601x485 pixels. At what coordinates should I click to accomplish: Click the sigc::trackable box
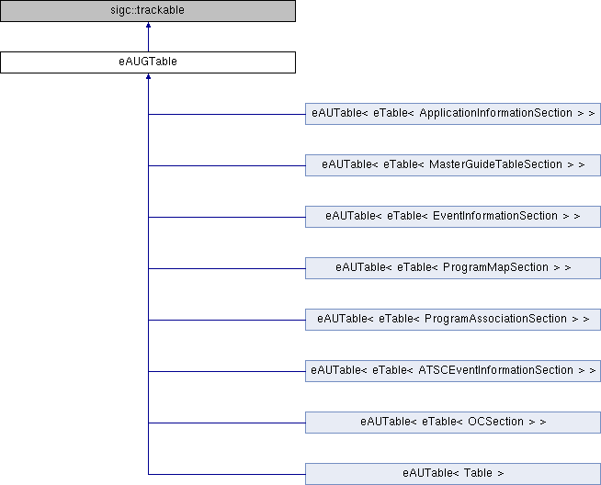coord(148,11)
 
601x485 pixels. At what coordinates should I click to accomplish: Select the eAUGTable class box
coord(148,62)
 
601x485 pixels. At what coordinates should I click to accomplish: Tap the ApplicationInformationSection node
coord(453,114)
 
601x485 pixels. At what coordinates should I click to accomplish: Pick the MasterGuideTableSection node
coord(453,165)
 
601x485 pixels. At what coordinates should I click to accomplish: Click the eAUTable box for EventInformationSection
coord(453,217)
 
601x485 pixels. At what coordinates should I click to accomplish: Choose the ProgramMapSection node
coord(453,268)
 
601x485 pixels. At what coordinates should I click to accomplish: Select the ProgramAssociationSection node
coord(453,320)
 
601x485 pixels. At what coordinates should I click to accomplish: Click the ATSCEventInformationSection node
coord(453,371)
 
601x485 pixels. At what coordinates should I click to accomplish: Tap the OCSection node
coord(453,423)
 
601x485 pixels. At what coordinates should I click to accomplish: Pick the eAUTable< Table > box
coord(453,474)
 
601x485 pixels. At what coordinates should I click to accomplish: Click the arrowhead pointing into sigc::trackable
coord(148,25)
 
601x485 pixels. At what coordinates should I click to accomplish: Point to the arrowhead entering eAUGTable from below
coord(148,76)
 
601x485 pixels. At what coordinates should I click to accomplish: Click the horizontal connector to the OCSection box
coord(227,423)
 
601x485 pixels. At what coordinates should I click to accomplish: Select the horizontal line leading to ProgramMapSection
coord(227,268)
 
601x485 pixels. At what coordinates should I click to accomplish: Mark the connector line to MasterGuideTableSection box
coord(227,165)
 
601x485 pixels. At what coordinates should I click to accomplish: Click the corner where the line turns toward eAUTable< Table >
coord(148,474)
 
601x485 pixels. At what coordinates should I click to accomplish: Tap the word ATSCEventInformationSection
coord(497,370)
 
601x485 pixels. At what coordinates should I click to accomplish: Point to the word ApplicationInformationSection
coord(496,113)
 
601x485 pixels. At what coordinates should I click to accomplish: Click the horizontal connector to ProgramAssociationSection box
coord(227,320)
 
